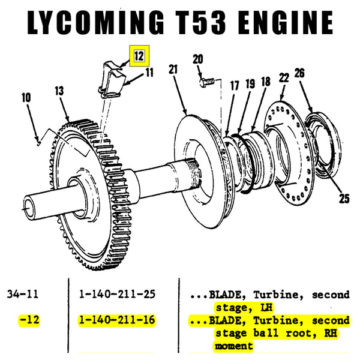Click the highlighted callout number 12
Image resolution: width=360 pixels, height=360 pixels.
139,56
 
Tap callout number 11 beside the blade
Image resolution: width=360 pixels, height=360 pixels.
148,73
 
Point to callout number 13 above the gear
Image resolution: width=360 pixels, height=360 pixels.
58,91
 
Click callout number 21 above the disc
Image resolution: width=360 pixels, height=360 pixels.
174,70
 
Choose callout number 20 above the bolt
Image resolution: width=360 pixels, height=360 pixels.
197,59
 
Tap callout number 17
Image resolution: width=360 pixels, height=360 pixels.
234,86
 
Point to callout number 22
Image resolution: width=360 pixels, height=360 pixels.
284,76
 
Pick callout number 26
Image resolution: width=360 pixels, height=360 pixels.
299,73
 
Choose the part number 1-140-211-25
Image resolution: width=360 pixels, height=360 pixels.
116,295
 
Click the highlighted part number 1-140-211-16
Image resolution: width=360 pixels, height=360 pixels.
116,320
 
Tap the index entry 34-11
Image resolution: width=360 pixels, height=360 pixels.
22,295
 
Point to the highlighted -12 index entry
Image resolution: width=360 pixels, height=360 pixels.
28,320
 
